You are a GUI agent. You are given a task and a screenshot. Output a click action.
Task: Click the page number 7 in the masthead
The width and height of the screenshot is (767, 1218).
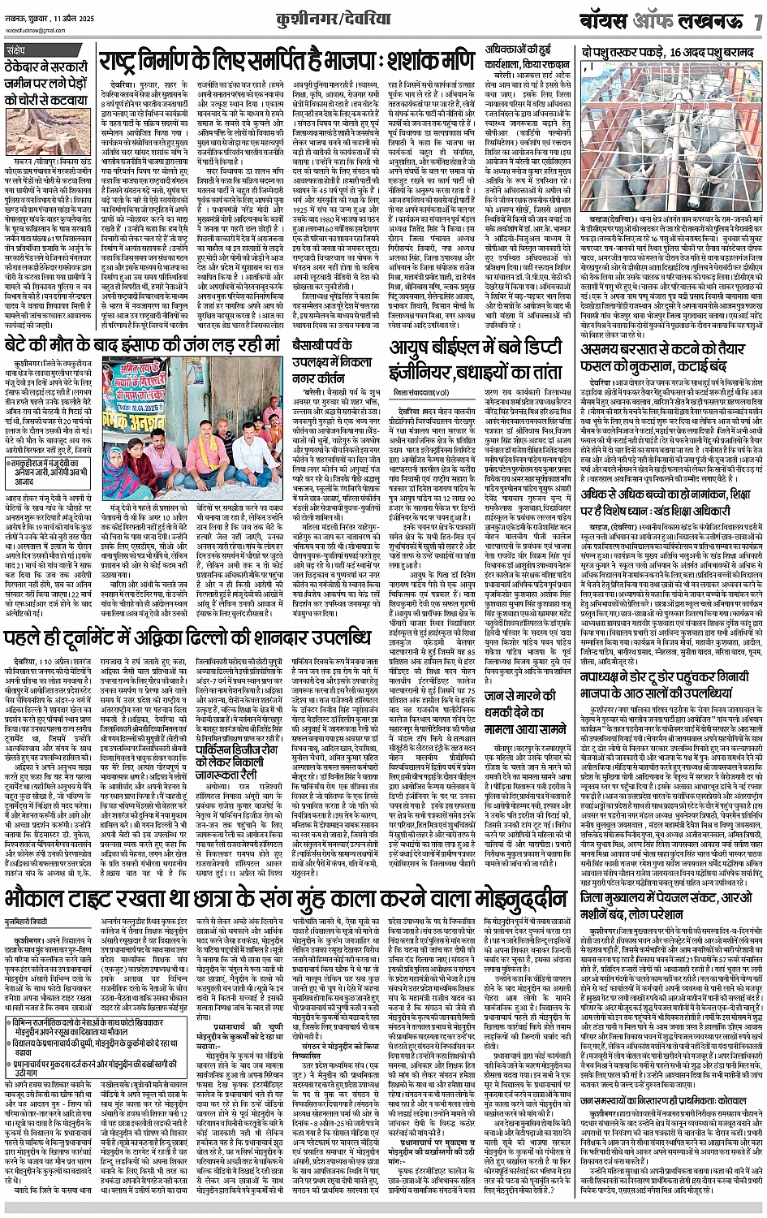[x=756, y=23]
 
